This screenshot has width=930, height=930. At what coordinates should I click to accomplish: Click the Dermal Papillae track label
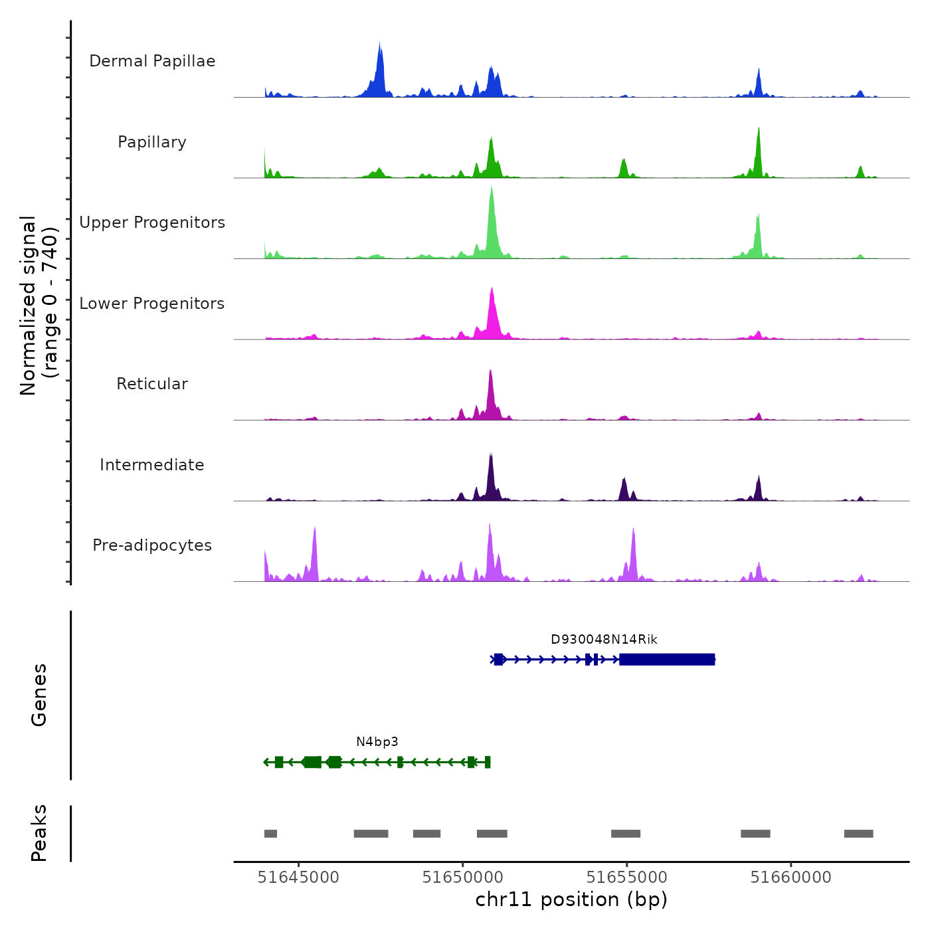(152, 61)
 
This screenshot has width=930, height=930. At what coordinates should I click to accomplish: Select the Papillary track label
(152, 142)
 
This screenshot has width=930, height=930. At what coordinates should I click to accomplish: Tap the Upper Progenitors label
(152, 223)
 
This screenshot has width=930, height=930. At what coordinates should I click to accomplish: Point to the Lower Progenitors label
(152, 304)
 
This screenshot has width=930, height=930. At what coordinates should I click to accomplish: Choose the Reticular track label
(152, 384)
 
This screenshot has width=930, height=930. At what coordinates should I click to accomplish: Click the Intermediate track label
(152, 465)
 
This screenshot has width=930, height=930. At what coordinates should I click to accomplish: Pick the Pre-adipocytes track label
(152, 545)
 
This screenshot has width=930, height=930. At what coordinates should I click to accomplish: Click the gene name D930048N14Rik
(604, 640)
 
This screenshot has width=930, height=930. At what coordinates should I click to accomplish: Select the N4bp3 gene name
(377, 742)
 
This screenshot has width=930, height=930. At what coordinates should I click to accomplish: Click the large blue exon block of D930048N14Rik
(667, 660)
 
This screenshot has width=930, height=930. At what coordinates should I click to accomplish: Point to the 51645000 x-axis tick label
(298, 878)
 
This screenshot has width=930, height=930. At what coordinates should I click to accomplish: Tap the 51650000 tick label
(463, 878)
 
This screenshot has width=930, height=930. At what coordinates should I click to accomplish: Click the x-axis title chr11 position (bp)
(571, 899)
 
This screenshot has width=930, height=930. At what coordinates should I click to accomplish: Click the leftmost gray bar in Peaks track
(270, 834)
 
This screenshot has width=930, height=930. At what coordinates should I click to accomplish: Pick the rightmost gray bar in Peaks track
(858, 834)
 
